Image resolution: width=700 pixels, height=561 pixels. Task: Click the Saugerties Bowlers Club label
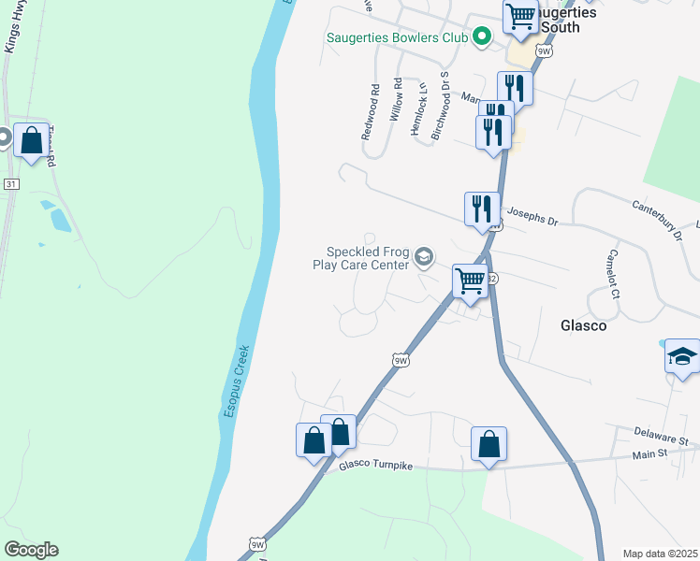[x=396, y=38]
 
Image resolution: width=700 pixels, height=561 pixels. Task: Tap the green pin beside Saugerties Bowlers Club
[x=482, y=37]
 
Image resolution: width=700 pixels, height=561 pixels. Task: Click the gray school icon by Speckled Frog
[x=424, y=257]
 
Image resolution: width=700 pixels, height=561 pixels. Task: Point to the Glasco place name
[x=583, y=326]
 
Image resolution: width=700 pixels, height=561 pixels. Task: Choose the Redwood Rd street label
[x=372, y=112]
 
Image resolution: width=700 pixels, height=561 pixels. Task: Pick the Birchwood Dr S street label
[x=440, y=106]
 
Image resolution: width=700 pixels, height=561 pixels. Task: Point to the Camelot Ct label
[x=613, y=274]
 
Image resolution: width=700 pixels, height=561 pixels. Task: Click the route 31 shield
[x=10, y=184]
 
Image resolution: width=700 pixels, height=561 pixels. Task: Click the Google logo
[x=31, y=550]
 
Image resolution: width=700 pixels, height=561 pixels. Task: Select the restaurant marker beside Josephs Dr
[x=482, y=209]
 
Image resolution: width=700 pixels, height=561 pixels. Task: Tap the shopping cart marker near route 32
[x=470, y=280]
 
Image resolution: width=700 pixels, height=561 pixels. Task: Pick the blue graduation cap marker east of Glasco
[x=682, y=356]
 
